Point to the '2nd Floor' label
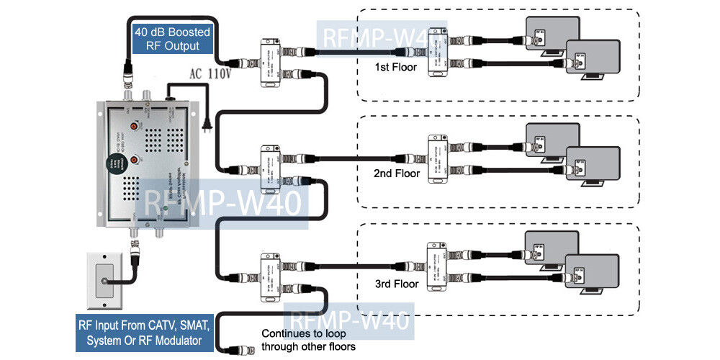(395, 174)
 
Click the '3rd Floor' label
(395, 284)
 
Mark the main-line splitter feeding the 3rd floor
(270, 278)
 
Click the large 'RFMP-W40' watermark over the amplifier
(223, 204)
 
